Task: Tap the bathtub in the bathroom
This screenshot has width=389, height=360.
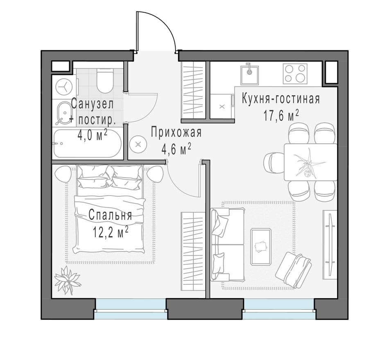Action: pyautogui.click(x=87, y=143)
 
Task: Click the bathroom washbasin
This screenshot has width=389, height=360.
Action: pyautogui.click(x=63, y=113)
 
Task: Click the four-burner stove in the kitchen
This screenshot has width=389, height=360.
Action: pyautogui.click(x=295, y=74)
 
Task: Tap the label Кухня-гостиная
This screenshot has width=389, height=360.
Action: pyautogui.click(x=280, y=99)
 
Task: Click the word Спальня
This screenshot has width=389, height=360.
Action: pyautogui.click(x=110, y=216)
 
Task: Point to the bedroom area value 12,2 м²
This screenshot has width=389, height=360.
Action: pyautogui.click(x=111, y=232)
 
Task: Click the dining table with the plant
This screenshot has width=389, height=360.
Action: pyautogui.click(x=310, y=162)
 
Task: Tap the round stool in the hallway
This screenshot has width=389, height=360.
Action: pyautogui.click(x=138, y=144)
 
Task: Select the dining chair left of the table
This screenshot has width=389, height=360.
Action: pyautogui.click(x=274, y=162)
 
